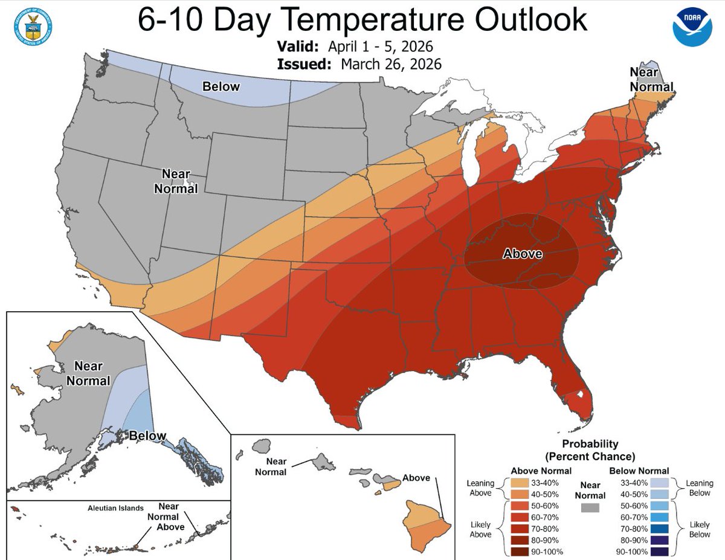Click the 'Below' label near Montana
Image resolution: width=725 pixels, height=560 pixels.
tap(221, 86)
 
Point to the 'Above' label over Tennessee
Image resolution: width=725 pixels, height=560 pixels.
tap(523, 254)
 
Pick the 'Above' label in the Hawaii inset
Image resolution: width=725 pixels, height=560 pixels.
tap(416, 477)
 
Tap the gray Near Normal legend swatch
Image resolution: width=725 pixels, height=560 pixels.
tap(590, 508)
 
